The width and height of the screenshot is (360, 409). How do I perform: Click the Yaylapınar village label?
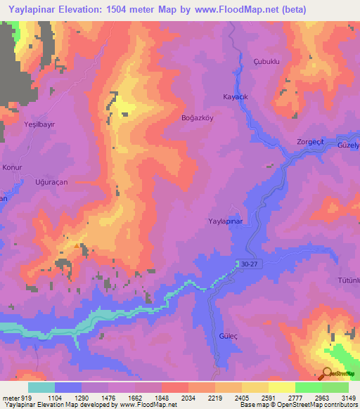click(225, 221)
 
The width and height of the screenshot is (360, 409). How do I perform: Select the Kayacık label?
click(236, 96)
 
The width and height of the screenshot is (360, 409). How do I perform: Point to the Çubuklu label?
click(266, 62)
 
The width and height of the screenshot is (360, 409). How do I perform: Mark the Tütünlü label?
click(349, 280)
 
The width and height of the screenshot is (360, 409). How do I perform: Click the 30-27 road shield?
click(249, 265)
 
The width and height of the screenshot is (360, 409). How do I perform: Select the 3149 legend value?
click(348, 397)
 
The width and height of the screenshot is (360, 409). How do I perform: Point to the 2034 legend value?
click(188, 397)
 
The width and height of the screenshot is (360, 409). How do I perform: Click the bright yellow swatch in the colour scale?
click(281, 387)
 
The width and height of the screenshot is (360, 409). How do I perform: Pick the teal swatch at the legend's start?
click(41, 387)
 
